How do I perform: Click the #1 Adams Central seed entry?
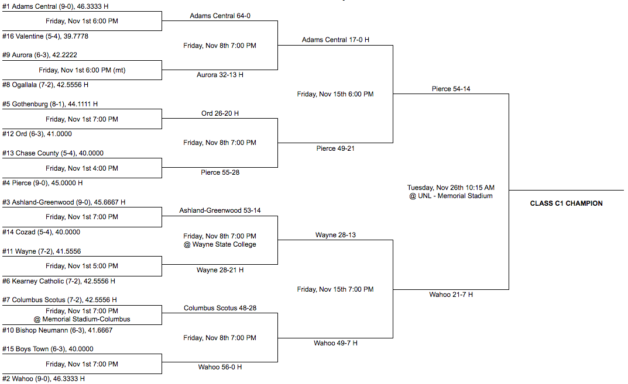coord(55,6)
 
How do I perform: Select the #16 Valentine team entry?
coord(45,36)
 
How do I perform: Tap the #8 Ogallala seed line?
coord(45,85)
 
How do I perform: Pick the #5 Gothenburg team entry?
coord(50,104)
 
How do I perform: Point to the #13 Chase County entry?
coord(53,153)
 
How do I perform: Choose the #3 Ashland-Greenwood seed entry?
coord(64,202)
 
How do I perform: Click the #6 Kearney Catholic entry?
coord(59,281)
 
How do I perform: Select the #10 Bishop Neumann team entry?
coord(57,330)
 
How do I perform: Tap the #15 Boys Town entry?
coord(47,349)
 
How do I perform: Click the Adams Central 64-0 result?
coord(220,16)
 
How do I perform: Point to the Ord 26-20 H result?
coord(220,113)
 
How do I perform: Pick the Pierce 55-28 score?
coord(220,172)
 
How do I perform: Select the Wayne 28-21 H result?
coord(220,270)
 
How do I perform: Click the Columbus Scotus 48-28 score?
coord(220,308)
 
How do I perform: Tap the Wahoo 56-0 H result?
coord(220,367)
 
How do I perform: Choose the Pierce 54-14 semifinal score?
coord(451,89)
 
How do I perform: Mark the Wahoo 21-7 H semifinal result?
coord(451,295)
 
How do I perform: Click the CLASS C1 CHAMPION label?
coord(567,203)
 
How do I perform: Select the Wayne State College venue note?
coord(224,244)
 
